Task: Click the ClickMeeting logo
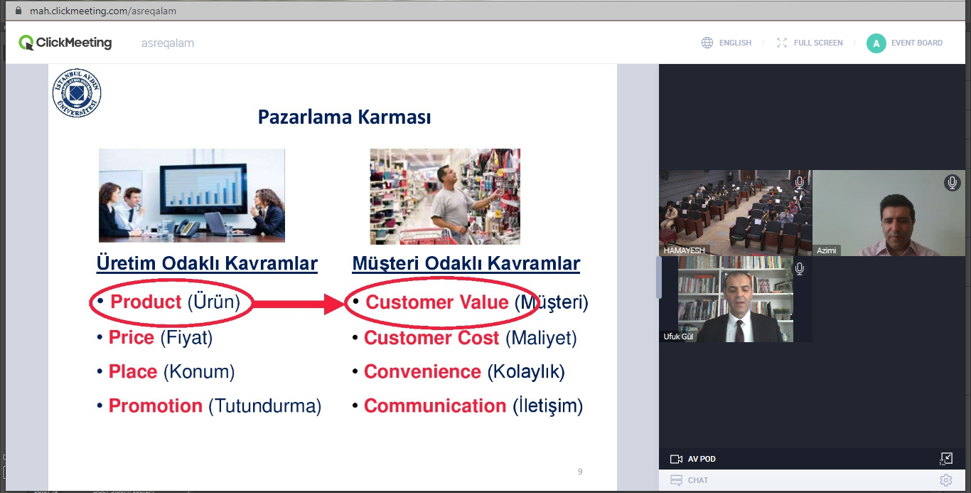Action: click(x=65, y=43)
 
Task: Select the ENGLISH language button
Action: click(x=726, y=43)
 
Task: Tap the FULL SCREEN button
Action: click(x=810, y=43)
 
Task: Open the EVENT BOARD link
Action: click(x=905, y=43)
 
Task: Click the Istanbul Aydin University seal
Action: click(x=77, y=93)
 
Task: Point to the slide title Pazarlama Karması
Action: click(x=344, y=117)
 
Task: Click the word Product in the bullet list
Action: click(x=146, y=302)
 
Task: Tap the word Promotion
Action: click(x=155, y=405)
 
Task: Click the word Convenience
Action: click(x=422, y=371)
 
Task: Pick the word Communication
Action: click(x=435, y=405)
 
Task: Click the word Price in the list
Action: click(x=131, y=337)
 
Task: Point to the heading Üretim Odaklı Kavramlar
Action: click(x=207, y=263)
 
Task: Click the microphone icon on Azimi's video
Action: click(x=952, y=183)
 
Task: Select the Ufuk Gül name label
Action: click(x=678, y=336)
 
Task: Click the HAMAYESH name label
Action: click(x=684, y=250)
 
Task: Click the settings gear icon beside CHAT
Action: click(x=946, y=480)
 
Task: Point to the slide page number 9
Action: click(x=580, y=471)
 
